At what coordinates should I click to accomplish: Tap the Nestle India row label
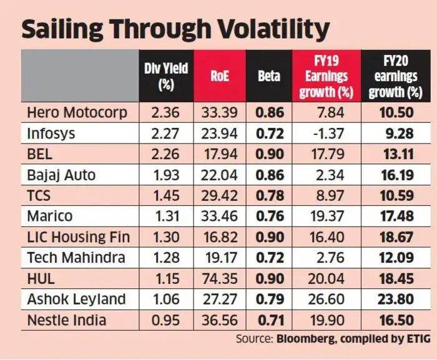click(x=66, y=320)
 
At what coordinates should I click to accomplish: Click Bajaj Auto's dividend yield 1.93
click(x=165, y=175)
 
